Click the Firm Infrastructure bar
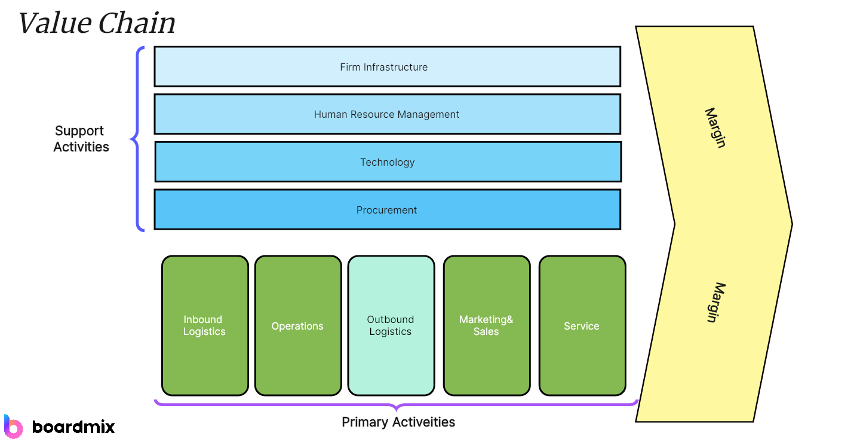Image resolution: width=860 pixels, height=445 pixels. coord(387,66)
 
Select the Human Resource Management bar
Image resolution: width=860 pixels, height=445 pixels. coord(387,114)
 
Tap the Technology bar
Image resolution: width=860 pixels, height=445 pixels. coord(387,161)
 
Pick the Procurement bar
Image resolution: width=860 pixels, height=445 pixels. coord(387,209)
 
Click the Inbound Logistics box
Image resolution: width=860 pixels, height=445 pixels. coord(205,325)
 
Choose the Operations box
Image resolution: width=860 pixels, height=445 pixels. coord(297,325)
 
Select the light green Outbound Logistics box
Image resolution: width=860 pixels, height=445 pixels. coord(391,325)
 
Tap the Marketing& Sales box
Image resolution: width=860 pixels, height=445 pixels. coord(486,325)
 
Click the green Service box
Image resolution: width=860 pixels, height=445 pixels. coord(582,325)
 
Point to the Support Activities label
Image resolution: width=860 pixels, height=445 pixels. coord(81,139)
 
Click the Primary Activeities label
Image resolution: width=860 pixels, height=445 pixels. coord(398,422)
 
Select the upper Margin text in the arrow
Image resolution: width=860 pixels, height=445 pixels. coord(715,127)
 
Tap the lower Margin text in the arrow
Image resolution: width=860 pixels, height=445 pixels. coord(715,302)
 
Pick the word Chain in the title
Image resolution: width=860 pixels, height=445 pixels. coord(137,24)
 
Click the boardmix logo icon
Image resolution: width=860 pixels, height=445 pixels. coord(13,426)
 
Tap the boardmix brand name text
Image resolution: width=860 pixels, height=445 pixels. coord(73,426)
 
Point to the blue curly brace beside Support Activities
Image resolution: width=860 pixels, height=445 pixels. coord(137,139)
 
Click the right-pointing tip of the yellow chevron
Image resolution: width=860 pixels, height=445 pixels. coord(790,224)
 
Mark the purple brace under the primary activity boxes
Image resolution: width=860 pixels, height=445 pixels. coord(397,405)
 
